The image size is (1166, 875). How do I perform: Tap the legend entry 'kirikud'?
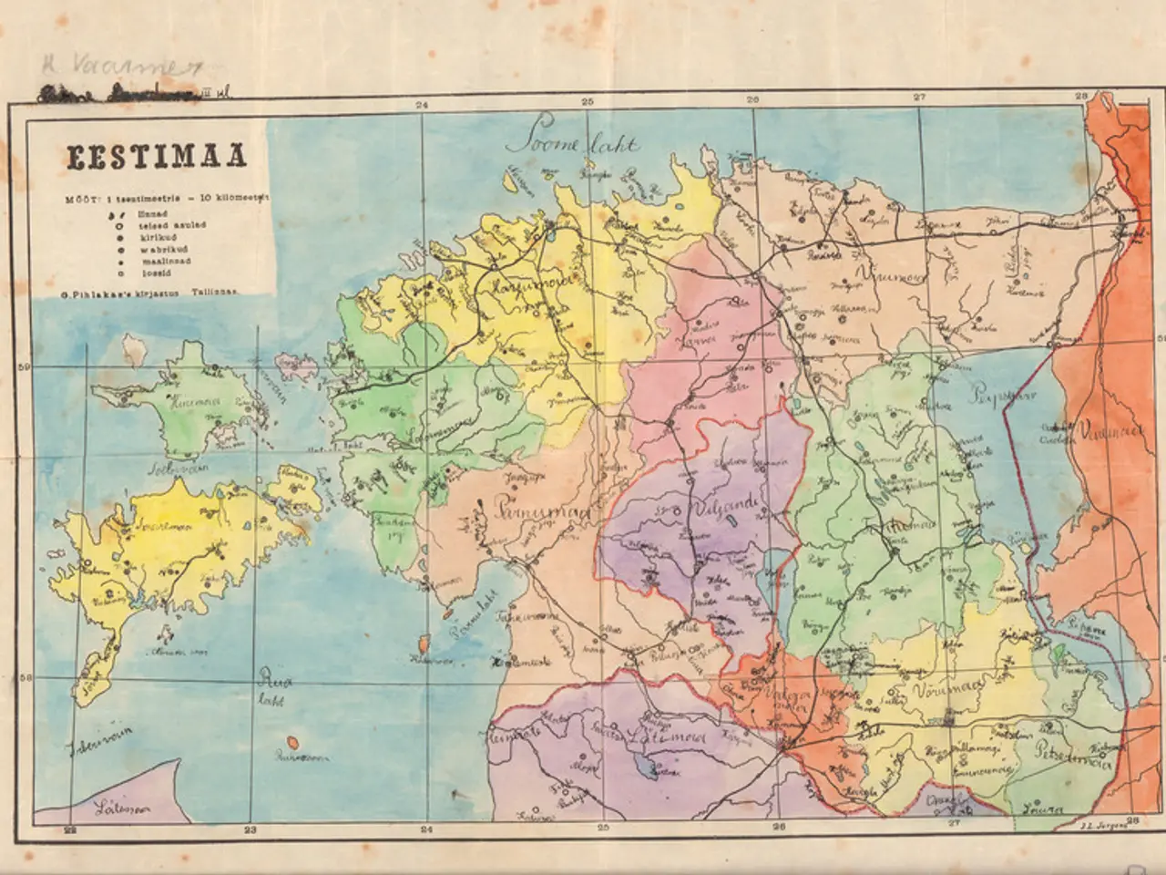150,234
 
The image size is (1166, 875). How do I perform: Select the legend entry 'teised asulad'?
159,223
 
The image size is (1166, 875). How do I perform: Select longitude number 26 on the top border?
752,99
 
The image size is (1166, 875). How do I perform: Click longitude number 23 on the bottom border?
251,829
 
